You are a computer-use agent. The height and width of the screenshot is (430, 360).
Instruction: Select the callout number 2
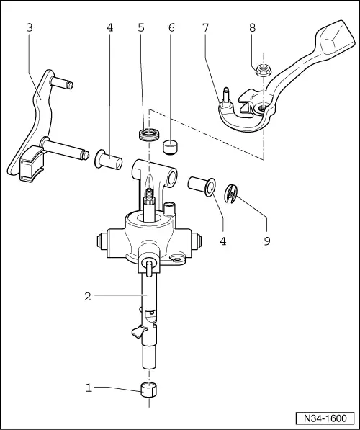pos(87,295)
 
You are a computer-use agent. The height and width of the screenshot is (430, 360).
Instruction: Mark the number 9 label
pos(267,241)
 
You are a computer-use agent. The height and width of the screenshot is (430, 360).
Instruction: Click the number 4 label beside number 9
pos(223,241)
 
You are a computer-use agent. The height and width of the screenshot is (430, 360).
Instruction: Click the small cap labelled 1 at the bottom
pos(149,395)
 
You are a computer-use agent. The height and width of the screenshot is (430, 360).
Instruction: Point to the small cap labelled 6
pos(171,147)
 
